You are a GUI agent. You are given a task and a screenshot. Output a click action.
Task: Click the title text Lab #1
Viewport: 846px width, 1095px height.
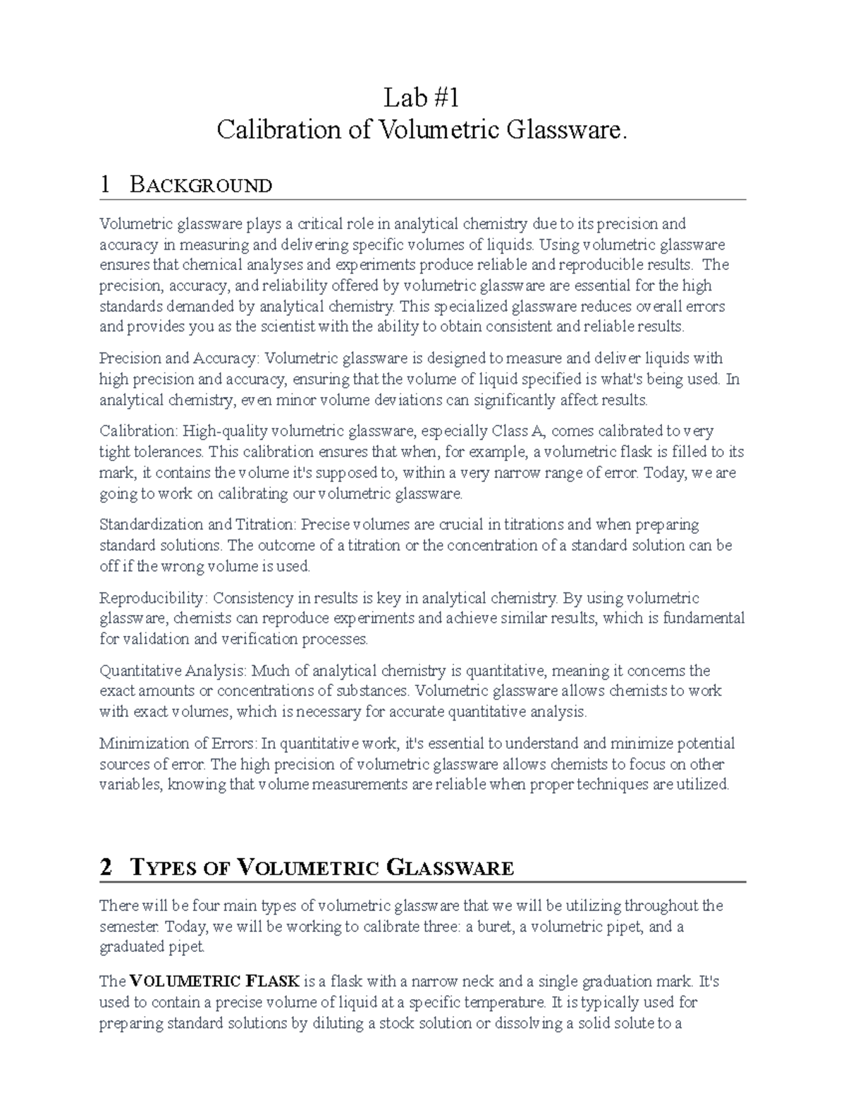[421, 97]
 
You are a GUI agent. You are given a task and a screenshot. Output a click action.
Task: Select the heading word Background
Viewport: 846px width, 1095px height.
[201, 185]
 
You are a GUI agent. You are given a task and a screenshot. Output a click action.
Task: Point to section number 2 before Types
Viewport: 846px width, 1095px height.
[106, 867]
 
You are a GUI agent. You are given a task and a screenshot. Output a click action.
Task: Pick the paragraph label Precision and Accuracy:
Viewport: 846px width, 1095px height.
[179, 359]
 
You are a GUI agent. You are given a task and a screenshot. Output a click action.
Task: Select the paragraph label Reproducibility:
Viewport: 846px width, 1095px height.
[154, 599]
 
